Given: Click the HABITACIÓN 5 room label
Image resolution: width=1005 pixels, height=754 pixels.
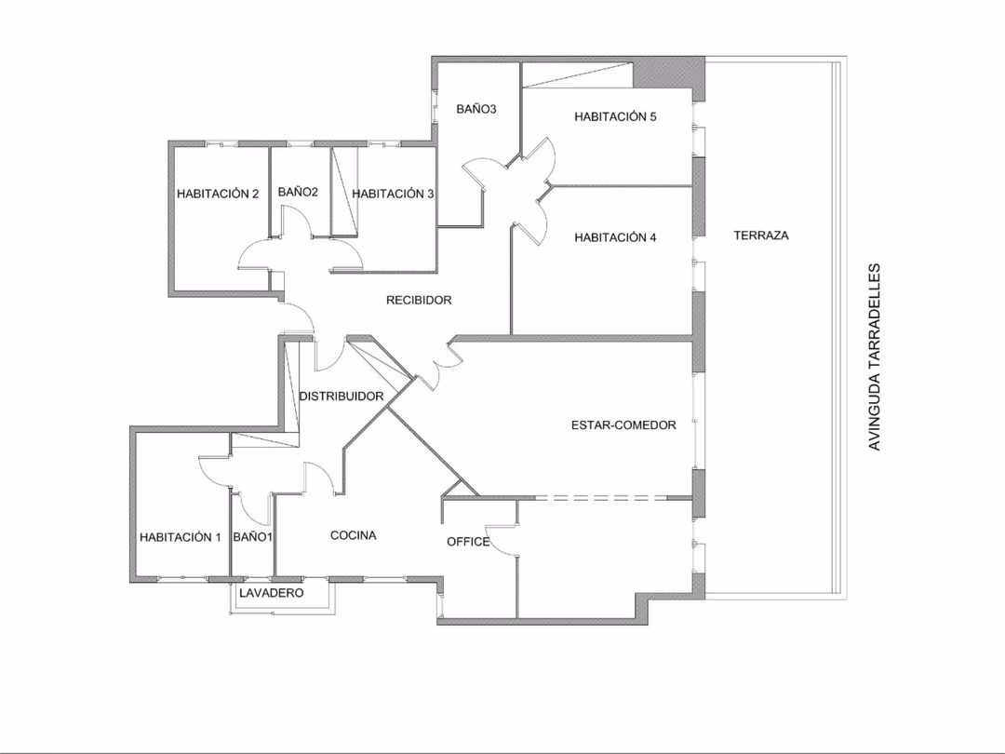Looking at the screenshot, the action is point(615,116).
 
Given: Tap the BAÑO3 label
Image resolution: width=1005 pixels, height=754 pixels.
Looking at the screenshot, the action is point(476,109).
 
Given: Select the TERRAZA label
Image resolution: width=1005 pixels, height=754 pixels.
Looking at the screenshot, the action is point(761,236).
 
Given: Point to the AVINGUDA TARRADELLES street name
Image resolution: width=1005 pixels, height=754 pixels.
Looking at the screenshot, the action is point(874,357).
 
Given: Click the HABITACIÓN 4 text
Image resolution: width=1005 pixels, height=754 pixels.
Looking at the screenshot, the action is point(615,237).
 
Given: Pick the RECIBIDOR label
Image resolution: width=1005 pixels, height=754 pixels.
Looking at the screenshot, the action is point(419,300).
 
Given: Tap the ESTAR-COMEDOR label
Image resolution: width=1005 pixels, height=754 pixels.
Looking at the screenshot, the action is point(623,424).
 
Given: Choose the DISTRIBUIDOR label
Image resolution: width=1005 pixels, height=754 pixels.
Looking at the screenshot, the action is point(342,397).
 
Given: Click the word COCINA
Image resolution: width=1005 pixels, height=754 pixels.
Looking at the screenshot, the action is point(354,535).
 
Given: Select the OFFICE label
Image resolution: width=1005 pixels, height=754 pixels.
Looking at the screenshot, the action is point(468,542).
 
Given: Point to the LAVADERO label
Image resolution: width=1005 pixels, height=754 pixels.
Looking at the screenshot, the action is point(271,593).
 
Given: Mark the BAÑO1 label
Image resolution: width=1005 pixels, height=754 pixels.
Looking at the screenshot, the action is point(252,537).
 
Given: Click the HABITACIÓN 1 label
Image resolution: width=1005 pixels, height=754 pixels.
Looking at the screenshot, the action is point(181,537).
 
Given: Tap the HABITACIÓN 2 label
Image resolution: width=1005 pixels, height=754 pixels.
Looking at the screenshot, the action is point(218,194).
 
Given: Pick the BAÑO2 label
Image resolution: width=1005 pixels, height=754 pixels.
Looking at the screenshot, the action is point(298,192).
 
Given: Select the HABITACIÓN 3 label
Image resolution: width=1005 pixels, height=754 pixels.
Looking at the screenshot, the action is point(393,194).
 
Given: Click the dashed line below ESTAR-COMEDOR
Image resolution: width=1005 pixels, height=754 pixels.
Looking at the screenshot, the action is point(601,497).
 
